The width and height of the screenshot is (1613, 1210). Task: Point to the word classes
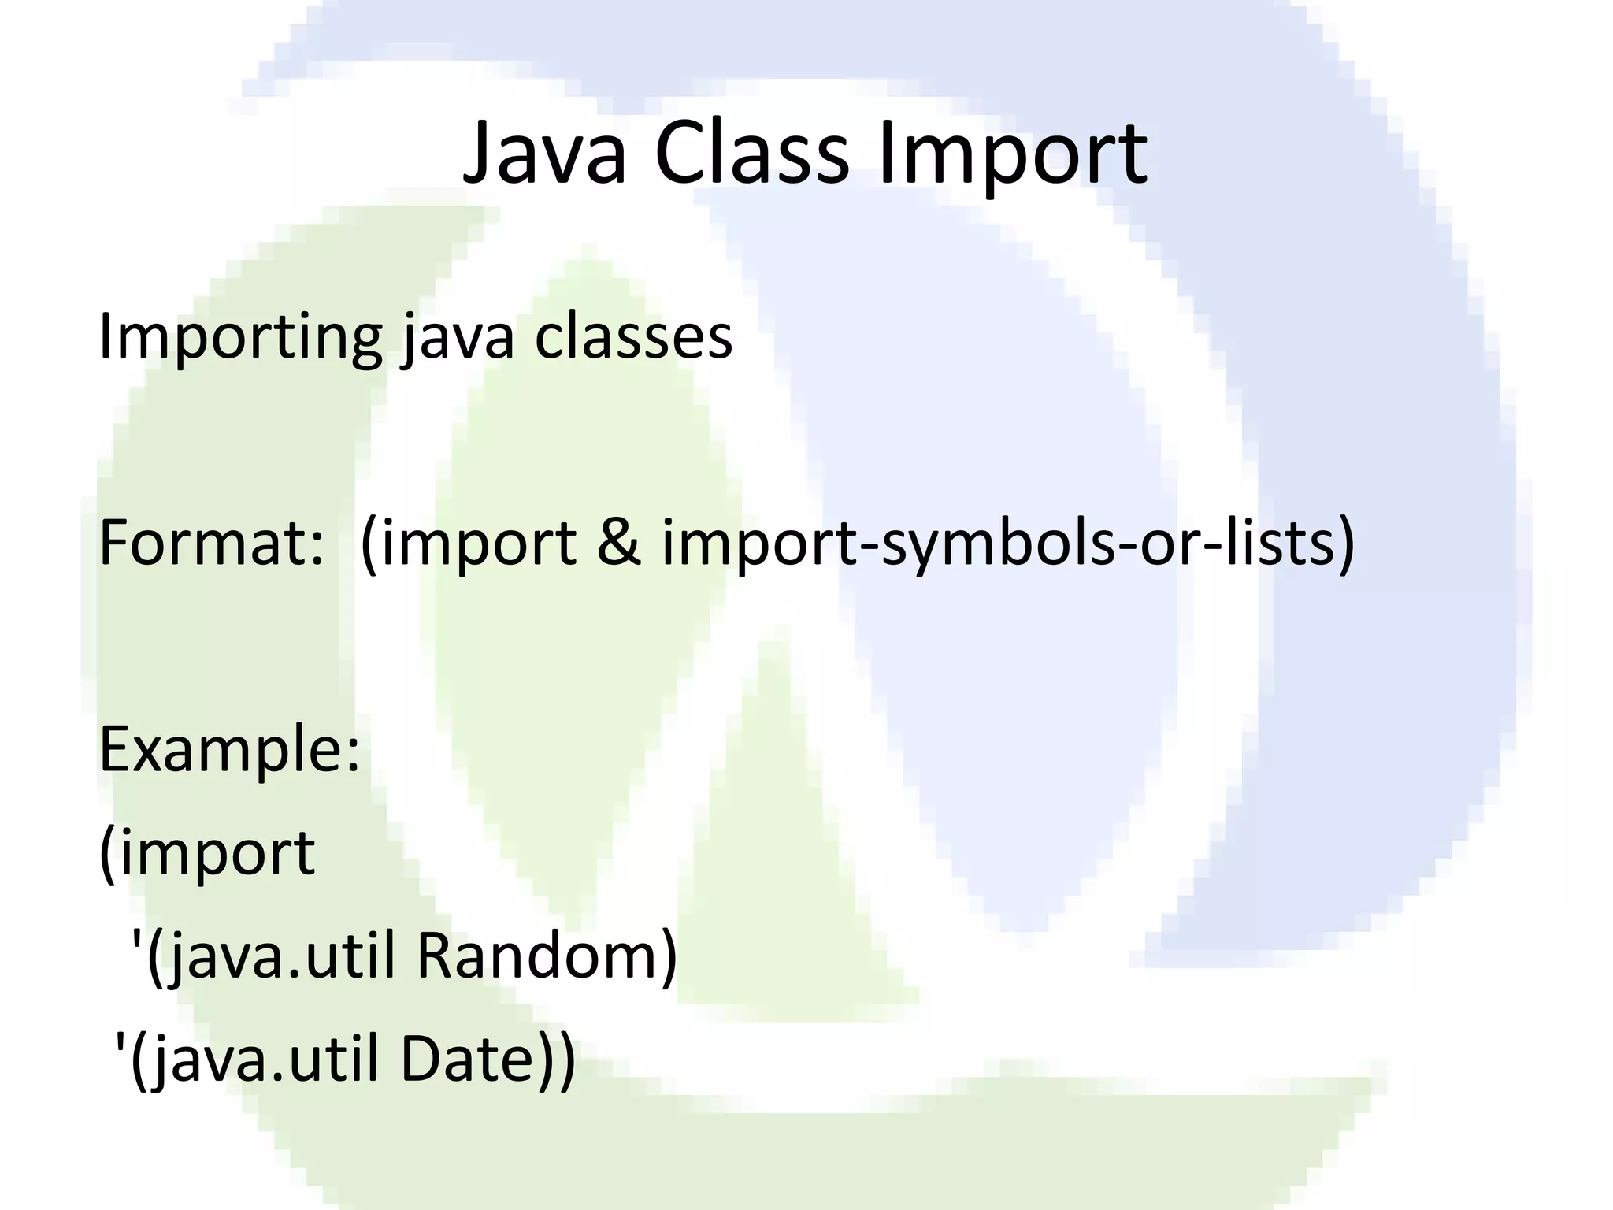(x=633, y=337)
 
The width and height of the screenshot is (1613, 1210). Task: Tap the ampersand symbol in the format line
(x=619, y=544)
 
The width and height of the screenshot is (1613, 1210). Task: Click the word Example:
(x=229, y=750)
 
